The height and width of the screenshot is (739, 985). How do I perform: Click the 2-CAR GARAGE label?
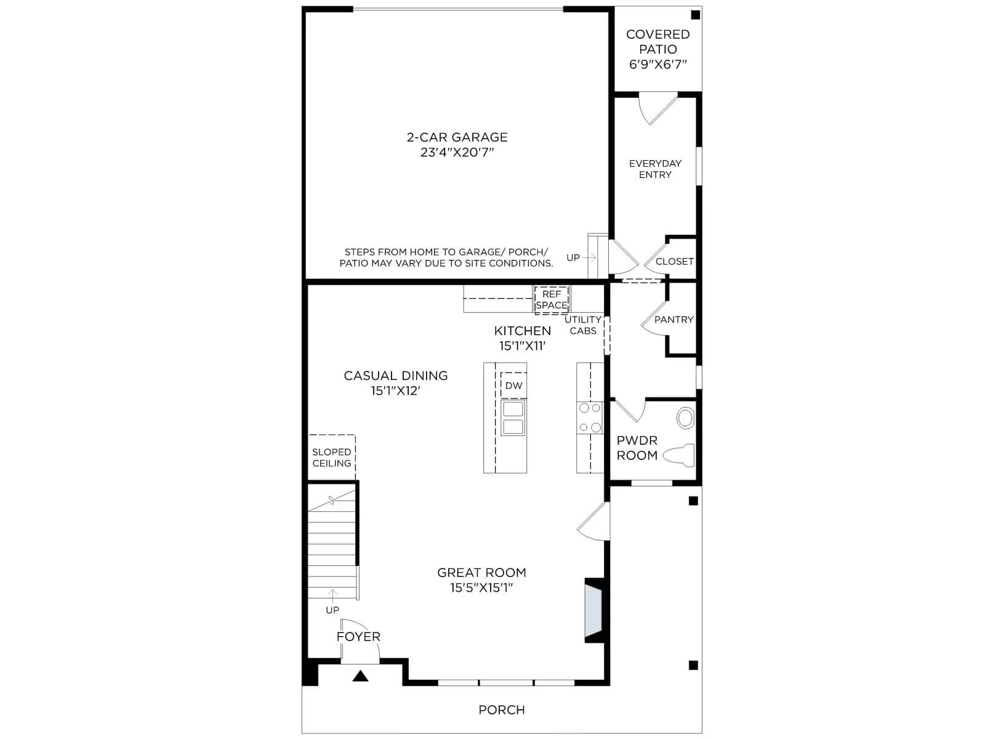(457, 137)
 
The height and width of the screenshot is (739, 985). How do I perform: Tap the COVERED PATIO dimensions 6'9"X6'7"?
(658, 64)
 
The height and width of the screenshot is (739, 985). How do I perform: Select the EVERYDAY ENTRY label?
(655, 169)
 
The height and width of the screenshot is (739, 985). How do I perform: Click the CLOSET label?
(675, 261)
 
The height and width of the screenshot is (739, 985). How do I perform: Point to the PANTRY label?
(673, 320)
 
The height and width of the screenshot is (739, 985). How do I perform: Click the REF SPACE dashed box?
(552, 299)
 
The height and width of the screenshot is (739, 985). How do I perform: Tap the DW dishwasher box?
(514, 385)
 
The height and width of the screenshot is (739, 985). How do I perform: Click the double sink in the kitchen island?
(513, 418)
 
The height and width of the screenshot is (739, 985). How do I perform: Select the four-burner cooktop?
(590, 418)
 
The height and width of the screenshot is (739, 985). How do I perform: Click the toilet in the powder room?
(678, 456)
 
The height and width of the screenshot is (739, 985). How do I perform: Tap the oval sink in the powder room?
(685, 418)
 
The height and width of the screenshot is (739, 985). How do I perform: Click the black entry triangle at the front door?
(360, 676)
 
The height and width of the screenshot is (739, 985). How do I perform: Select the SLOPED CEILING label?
(332, 457)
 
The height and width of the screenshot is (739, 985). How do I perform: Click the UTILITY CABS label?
(583, 325)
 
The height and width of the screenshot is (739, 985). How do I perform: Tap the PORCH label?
(501, 709)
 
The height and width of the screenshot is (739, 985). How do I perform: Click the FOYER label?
(358, 636)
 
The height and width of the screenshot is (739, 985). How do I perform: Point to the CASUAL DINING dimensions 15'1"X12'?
(395, 390)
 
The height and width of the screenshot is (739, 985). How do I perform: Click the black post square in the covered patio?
(695, 15)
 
